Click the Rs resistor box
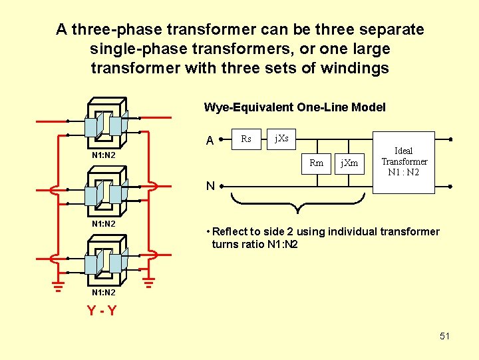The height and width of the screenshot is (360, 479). tap(246, 139)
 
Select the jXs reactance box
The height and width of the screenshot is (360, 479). tap(281, 139)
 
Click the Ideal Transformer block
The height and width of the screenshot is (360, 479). tap(404, 162)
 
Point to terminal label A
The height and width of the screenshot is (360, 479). tap(210, 141)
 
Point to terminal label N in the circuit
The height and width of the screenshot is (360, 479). tap(210, 186)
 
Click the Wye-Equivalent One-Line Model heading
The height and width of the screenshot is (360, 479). tap(294, 107)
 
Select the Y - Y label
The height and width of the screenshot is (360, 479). tap(102, 310)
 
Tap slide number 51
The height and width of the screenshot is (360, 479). tap(444, 336)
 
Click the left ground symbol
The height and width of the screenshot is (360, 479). tap(59, 287)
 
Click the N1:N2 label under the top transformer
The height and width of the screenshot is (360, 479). tap(103, 155)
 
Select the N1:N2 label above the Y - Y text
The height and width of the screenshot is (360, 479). tap(103, 293)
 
